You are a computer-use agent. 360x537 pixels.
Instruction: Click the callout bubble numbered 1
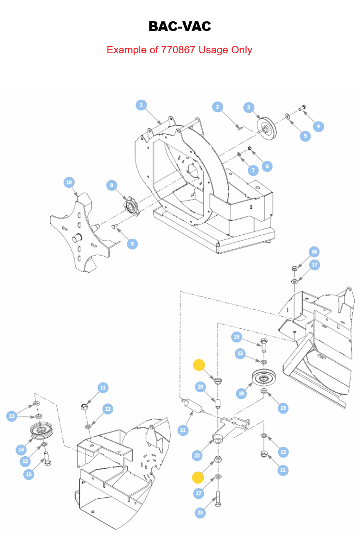coord(141,105)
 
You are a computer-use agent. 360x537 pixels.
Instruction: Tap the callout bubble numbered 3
coord(249,107)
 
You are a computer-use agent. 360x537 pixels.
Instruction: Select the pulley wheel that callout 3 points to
coord(265,128)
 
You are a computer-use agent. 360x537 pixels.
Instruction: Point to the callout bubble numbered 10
coord(69,182)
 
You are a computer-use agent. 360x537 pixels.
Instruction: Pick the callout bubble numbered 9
coord(133,244)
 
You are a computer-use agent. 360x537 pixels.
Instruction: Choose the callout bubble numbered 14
coord(21,449)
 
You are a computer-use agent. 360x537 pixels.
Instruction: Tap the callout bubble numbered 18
coord(241,394)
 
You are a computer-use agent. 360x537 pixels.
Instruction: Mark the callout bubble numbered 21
coord(183,430)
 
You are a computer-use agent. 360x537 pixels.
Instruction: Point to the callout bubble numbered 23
coord(200,513)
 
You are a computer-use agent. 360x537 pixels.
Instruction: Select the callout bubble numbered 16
coord(314,252)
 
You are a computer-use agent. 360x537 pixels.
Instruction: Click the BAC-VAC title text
coord(180,26)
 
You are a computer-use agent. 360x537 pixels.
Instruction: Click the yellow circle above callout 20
coord(199,365)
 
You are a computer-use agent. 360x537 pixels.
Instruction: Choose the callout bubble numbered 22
coord(197,455)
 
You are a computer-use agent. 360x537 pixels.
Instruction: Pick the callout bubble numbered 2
coord(218,107)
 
